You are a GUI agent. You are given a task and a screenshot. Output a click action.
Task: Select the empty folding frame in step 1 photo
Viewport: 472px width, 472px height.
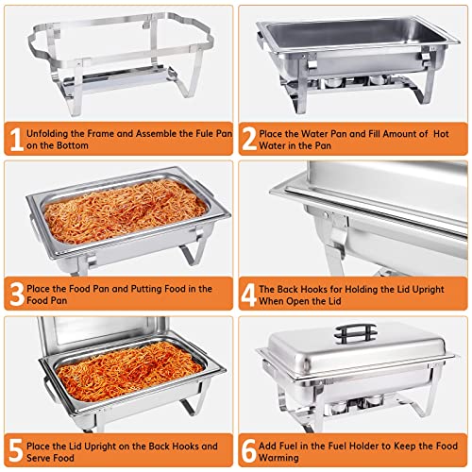[x=118, y=57]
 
